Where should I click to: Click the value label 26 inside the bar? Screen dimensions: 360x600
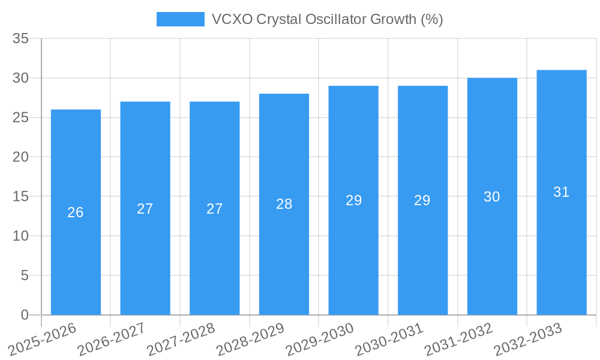(x=76, y=212)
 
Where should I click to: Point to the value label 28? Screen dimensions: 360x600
(x=284, y=204)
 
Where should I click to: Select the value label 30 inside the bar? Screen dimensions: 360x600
(x=492, y=197)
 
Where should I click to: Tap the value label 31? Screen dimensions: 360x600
(x=562, y=192)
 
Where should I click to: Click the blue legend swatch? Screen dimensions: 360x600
(x=180, y=19)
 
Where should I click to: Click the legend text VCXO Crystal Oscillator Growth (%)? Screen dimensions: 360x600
(x=328, y=19)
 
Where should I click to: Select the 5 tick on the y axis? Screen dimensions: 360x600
(x=25, y=275)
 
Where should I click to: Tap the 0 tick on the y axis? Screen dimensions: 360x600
(x=25, y=315)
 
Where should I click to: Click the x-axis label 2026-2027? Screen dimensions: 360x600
(x=112, y=338)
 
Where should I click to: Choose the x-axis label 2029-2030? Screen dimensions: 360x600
(x=320, y=338)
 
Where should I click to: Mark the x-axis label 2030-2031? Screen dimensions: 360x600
(x=389, y=338)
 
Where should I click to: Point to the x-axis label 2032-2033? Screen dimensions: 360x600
(x=528, y=338)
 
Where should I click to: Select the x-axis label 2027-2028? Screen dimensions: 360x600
(x=181, y=338)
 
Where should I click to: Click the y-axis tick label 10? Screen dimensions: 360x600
(x=21, y=236)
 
